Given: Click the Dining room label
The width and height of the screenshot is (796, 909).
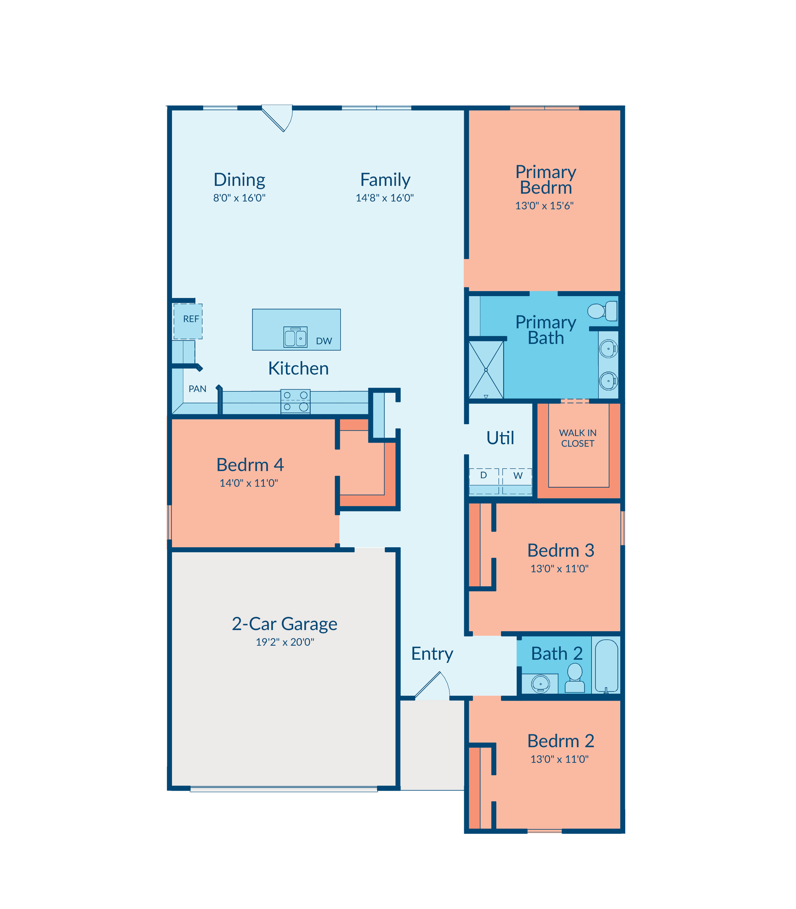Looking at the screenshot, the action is (239, 180).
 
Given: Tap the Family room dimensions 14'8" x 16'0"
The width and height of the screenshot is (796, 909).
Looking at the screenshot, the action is (385, 198).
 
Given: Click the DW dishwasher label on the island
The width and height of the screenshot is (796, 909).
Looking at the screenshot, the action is (324, 341).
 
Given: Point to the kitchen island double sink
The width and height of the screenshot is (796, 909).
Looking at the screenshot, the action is (295, 337).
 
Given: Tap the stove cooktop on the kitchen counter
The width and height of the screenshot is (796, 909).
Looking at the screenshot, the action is (295, 401).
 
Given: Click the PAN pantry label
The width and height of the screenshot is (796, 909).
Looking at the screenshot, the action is (197, 389).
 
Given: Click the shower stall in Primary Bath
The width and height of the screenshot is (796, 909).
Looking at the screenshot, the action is (486, 369).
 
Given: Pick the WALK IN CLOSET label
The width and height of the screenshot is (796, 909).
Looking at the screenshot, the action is (577, 438).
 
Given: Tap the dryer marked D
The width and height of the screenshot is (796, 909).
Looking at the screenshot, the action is (484, 481).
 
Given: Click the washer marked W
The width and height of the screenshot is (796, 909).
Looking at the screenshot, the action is (518, 481).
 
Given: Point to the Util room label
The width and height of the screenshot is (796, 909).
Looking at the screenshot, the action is (500, 438).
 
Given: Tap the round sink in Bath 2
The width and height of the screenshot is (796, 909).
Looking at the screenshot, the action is (541, 684).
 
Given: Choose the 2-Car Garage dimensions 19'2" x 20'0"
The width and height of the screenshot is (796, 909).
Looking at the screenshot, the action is (285, 642).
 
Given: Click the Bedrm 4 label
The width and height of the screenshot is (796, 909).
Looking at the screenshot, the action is (250, 465).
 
